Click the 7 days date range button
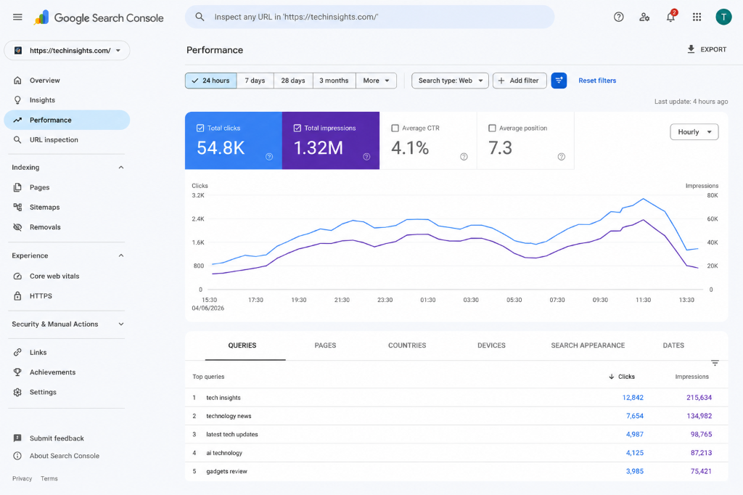[x=255, y=81]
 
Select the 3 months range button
[x=334, y=81]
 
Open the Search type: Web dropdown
[x=450, y=81]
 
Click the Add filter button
[x=520, y=81]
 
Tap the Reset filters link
[x=597, y=81]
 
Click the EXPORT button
[x=707, y=49]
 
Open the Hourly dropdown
[x=694, y=132]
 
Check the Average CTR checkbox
[x=395, y=128]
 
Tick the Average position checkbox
[x=492, y=128]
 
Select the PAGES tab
[x=325, y=345]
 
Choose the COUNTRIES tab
[x=407, y=345]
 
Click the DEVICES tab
[x=491, y=345]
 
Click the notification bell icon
[x=670, y=17]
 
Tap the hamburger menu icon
[x=17, y=17]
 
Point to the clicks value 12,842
[x=633, y=398]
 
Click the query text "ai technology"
[x=224, y=453]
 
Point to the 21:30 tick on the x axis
[x=342, y=300]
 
